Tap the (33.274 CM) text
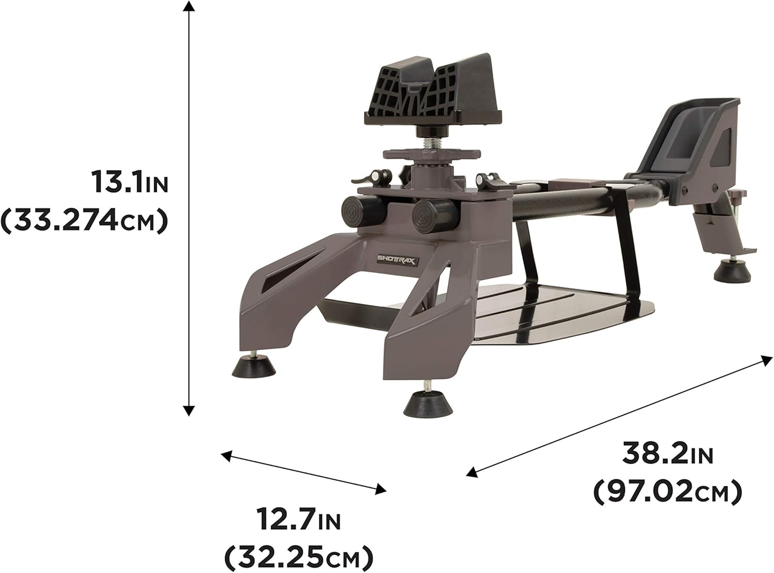(x=86, y=220)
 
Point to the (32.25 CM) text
(x=298, y=556)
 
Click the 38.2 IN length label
(x=668, y=454)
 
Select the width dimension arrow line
(x=304, y=470)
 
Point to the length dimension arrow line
(x=617, y=415)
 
